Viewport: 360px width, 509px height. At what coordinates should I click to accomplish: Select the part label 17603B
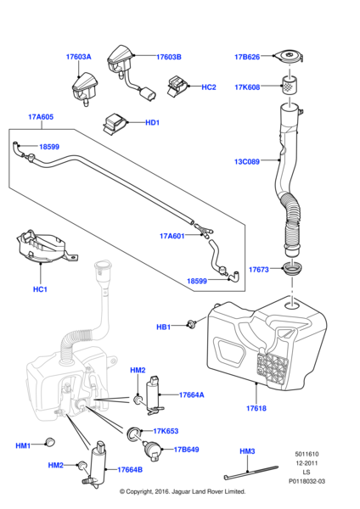pos(169,57)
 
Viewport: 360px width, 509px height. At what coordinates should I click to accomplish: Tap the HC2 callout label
pos(209,87)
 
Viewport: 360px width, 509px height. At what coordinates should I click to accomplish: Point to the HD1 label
pos(152,123)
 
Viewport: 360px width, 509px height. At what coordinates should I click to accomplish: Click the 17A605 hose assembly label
pos(40,116)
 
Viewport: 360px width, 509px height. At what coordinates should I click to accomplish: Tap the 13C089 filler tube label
pos(246,159)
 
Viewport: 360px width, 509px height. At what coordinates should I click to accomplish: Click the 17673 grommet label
pos(258,270)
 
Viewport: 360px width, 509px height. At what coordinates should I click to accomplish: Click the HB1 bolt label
pos(163,327)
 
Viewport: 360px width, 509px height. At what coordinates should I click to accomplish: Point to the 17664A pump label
pos(192,394)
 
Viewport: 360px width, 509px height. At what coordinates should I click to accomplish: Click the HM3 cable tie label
pos(247,451)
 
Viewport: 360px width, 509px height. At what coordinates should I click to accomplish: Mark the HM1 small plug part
pos(49,441)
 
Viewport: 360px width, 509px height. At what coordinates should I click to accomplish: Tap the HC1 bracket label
pos(40,289)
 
